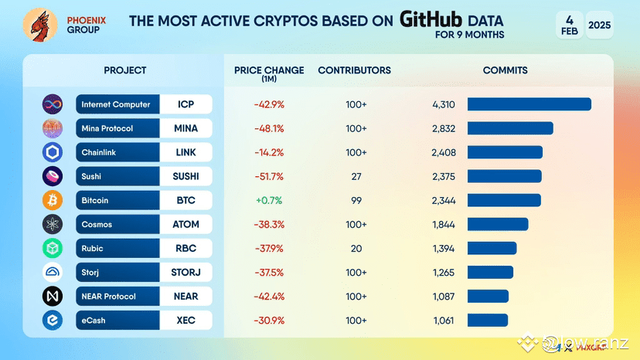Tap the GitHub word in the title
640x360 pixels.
[x=431, y=19]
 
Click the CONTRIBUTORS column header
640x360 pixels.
[x=354, y=70]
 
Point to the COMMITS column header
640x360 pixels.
[x=505, y=70]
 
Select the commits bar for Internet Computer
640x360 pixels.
[x=529, y=104]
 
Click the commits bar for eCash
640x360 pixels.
[x=487, y=320]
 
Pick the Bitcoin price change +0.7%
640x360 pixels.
[x=269, y=200]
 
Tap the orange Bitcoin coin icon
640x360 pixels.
[x=53, y=200]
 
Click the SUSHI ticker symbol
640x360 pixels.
[x=186, y=176]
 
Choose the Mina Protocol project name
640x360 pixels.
[x=107, y=128]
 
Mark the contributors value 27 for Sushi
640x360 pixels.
[x=356, y=176]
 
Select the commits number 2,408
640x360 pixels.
[x=444, y=152]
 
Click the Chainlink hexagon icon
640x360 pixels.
[x=53, y=152]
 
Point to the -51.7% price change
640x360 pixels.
[x=269, y=176]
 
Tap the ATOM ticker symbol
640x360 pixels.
[x=186, y=224]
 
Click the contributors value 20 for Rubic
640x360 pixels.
[x=356, y=248]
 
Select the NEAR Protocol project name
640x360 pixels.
[x=109, y=296]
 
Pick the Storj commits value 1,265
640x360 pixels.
[x=444, y=272]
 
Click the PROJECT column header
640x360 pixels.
[x=125, y=70]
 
